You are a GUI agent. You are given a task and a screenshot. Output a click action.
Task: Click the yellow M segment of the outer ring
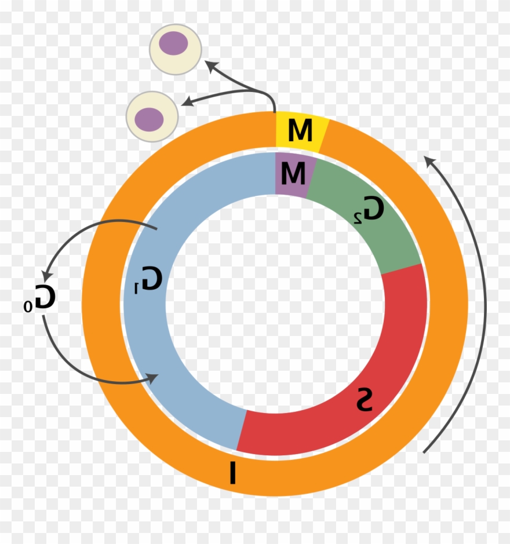300,132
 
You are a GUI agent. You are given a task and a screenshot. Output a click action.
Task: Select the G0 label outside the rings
41,297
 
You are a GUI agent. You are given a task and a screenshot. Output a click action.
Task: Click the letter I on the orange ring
232,472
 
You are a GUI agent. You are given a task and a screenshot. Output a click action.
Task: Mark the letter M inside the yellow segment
300,130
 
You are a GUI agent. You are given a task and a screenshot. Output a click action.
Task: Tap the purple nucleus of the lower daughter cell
149,118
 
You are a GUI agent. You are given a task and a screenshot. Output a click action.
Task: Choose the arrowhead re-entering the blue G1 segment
154,379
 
